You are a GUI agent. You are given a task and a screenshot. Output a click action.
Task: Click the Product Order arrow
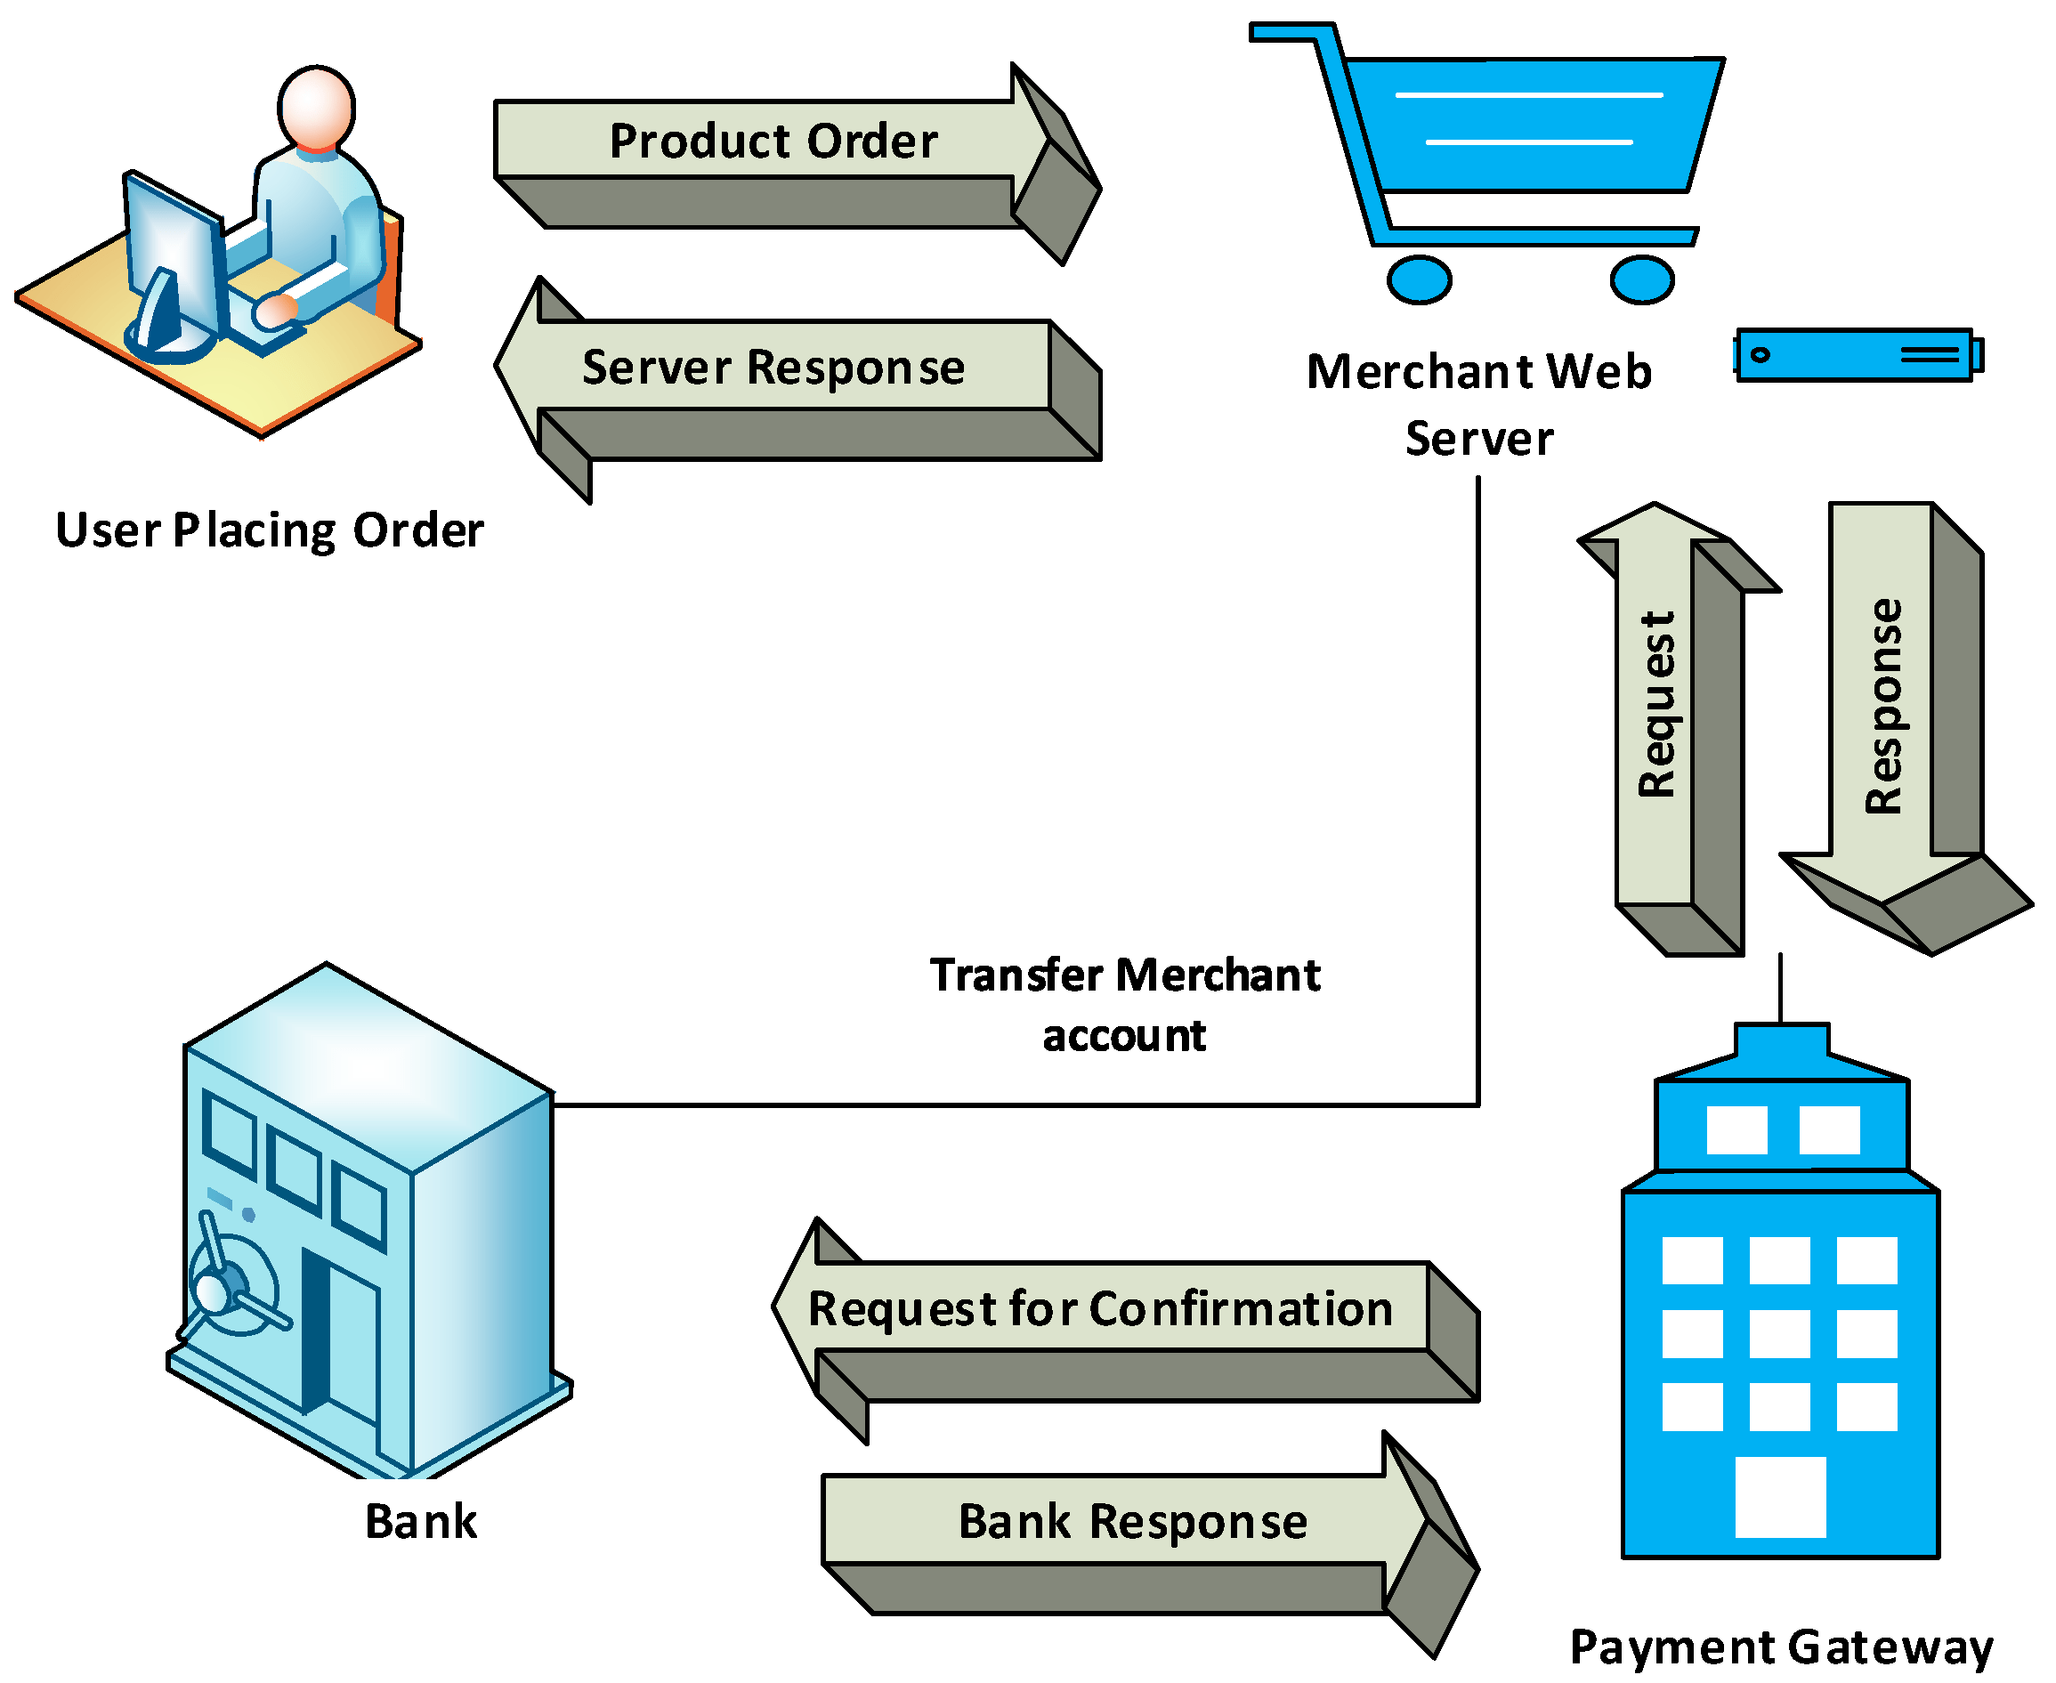(773, 142)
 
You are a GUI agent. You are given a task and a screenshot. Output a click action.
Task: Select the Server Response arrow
(773, 368)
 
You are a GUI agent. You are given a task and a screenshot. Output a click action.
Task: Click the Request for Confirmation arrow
(1100, 1309)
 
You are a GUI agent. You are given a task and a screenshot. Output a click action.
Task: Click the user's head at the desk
(316, 108)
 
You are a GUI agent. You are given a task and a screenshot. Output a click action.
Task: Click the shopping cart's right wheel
(1643, 280)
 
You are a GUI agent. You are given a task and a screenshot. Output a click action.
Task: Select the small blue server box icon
(1857, 355)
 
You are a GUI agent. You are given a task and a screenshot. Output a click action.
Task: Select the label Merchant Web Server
(1479, 404)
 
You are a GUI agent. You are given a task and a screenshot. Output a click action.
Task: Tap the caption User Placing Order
(270, 530)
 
